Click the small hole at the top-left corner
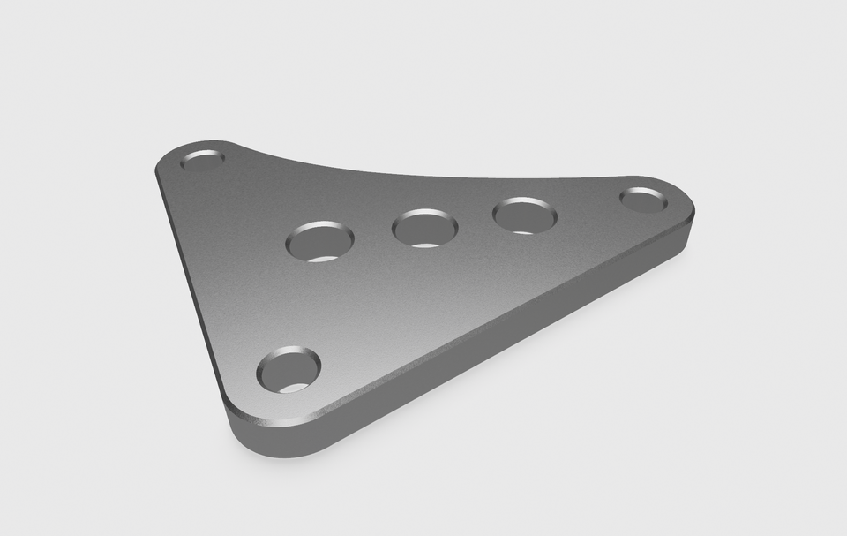click(x=203, y=161)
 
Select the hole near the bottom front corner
click(x=289, y=371)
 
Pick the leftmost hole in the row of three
click(x=320, y=241)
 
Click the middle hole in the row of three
click(x=424, y=229)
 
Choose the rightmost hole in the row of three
click(x=525, y=215)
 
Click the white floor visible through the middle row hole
click(x=426, y=242)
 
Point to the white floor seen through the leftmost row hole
click(x=325, y=258)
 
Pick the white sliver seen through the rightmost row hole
click(x=522, y=231)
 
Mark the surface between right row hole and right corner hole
click(x=589, y=208)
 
